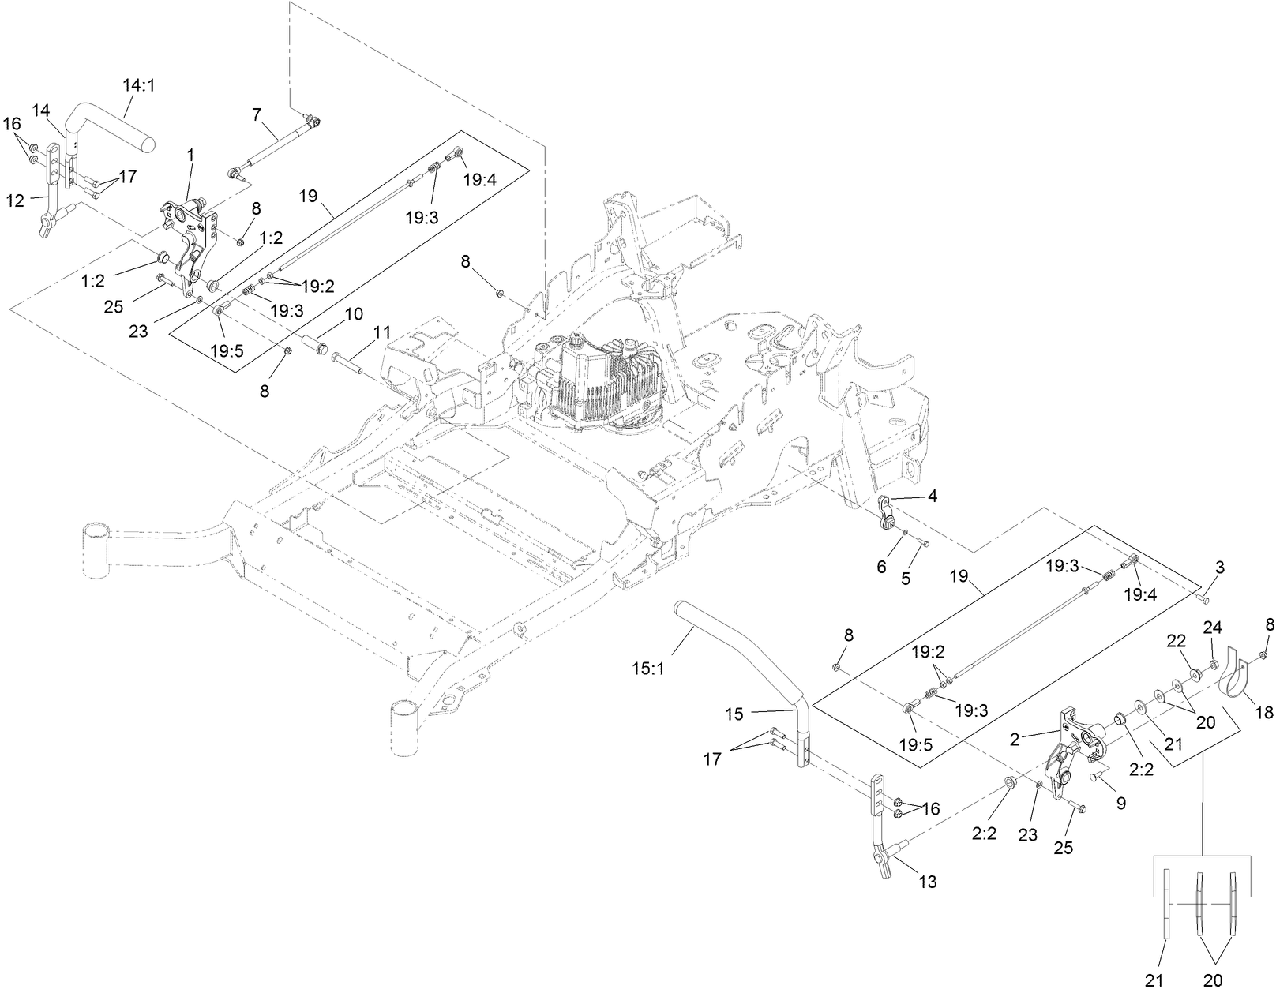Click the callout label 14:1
pyautogui.click(x=139, y=84)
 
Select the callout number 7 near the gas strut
pyautogui.click(x=256, y=114)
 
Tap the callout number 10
pyautogui.click(x=353, y=314)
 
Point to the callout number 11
pyautogui.click(x=382, y=331)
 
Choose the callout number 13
pyautogui.click(x=928, y=882)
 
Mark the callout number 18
pyautogui.click(x=1263, y=713)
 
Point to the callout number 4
pyautogui.click(x=933, y=497)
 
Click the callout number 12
pyautogui.click(x=16, y=200)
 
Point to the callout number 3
pyautogui.click(x=1220, y=567)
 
